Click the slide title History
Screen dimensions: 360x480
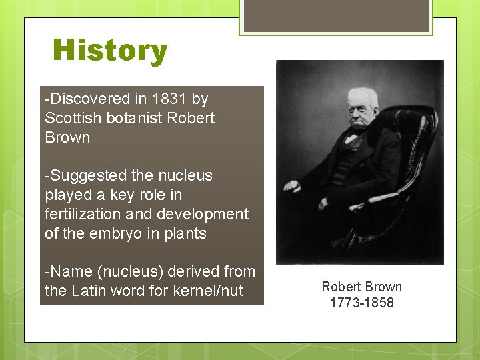(110, 51)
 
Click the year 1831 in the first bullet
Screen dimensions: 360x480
(169, 99)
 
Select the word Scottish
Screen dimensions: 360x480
(70, 119)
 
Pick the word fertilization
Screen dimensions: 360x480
(81, 215)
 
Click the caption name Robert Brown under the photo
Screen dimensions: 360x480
(362, 287)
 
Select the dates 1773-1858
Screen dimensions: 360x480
(362, 303)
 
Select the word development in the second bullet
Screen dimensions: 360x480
(196, 215)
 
